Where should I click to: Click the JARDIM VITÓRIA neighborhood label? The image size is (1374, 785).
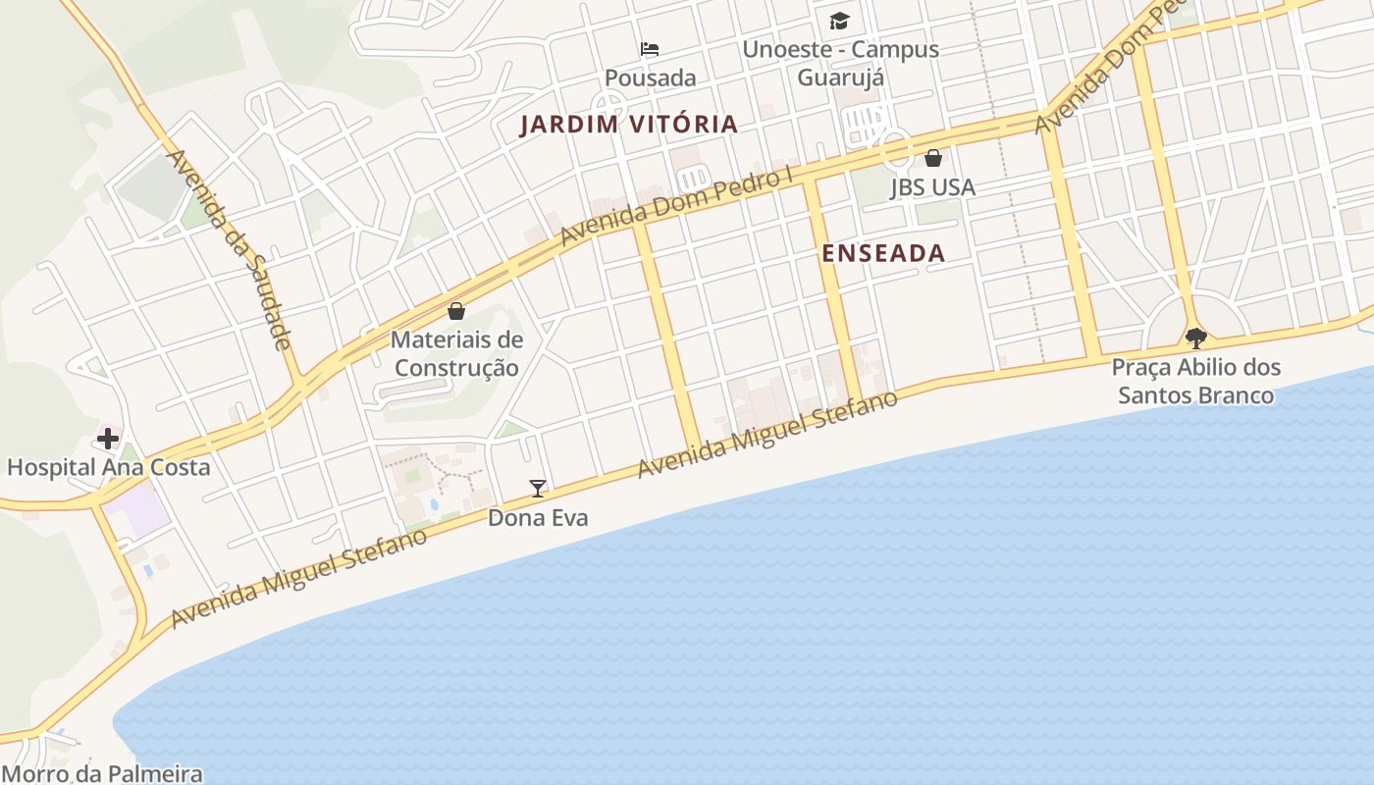628,125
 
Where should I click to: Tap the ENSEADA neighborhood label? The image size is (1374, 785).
883,253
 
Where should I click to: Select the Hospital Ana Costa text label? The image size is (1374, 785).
108,467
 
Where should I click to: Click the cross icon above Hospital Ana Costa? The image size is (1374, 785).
108,438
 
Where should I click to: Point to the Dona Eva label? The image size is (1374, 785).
538,517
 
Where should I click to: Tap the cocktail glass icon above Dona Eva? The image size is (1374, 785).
538,488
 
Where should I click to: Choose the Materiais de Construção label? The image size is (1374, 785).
456,354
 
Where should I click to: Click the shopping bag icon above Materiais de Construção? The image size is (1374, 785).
456,312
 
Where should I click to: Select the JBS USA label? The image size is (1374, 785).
932,187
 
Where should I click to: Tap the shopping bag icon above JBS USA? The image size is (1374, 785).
933,158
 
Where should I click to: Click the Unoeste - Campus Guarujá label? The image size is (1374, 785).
841,63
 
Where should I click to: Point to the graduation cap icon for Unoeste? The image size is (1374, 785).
839,21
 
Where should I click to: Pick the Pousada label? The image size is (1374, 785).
650,78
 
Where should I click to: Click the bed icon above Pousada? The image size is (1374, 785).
650,48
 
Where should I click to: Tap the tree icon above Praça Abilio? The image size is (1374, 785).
1195,339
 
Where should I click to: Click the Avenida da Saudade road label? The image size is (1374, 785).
229,249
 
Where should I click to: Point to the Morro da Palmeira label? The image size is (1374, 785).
102,773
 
